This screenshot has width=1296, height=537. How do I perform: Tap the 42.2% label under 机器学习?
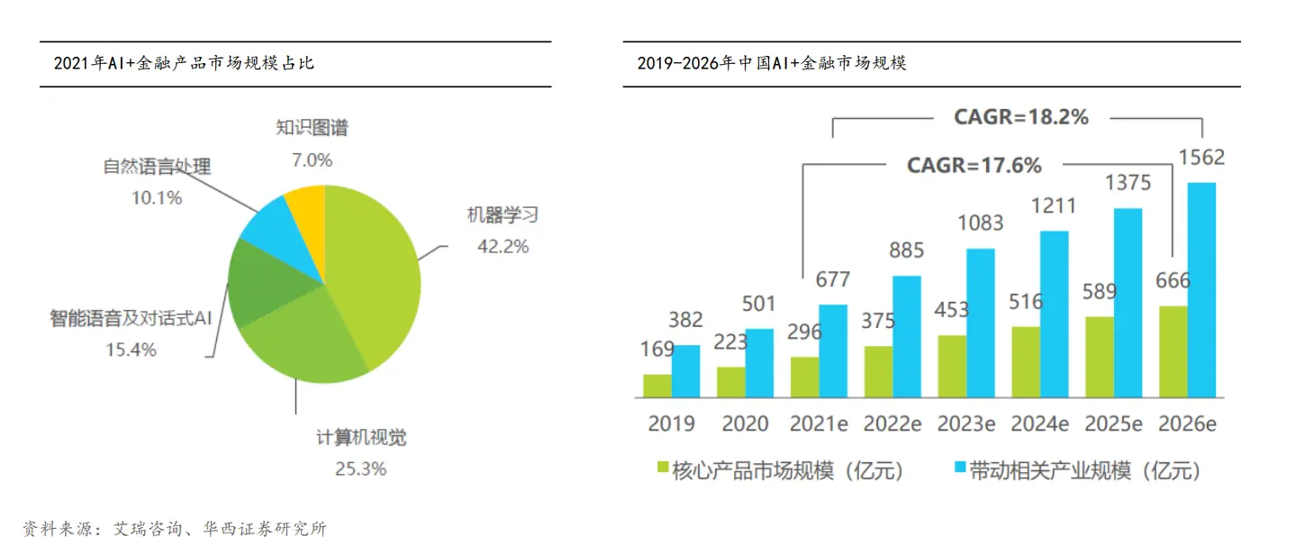[503, 246]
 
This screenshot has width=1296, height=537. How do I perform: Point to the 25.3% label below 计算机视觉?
[360, 468]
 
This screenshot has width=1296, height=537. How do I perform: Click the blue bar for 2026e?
[1201, 289]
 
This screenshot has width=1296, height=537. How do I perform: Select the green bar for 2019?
[657, 386]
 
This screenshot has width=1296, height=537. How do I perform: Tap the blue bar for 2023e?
[981, 323]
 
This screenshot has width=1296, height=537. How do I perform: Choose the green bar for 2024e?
[1026, 361]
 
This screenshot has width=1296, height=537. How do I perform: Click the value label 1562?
[1201, 159]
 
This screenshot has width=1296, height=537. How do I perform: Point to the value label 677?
[832, 279]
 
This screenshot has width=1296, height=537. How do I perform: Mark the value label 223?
[730, 341]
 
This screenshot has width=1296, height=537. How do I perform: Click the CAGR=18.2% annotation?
[1021, 117]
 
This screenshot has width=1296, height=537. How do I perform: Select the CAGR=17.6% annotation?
[974, 166]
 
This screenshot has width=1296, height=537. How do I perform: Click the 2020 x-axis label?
[745, 423]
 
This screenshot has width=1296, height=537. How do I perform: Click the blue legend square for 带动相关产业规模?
[960, 468]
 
